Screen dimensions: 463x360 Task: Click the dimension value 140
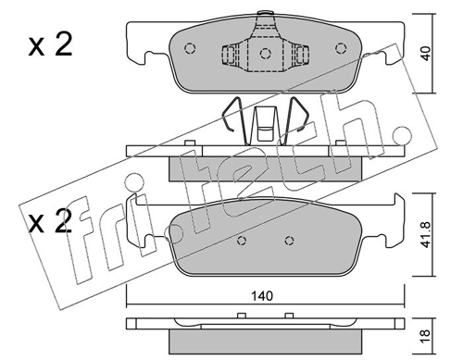click(262, 296)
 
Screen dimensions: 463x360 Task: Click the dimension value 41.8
click(426, 234)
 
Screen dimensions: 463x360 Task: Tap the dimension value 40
click(426, 54)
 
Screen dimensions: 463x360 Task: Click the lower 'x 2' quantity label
click(50, 220)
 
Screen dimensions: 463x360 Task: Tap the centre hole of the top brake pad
click(265, 54)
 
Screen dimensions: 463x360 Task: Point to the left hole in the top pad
click(190, 48)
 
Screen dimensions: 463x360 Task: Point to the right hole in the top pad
click(341, 48)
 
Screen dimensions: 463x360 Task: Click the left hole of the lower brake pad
click(243, 241)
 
